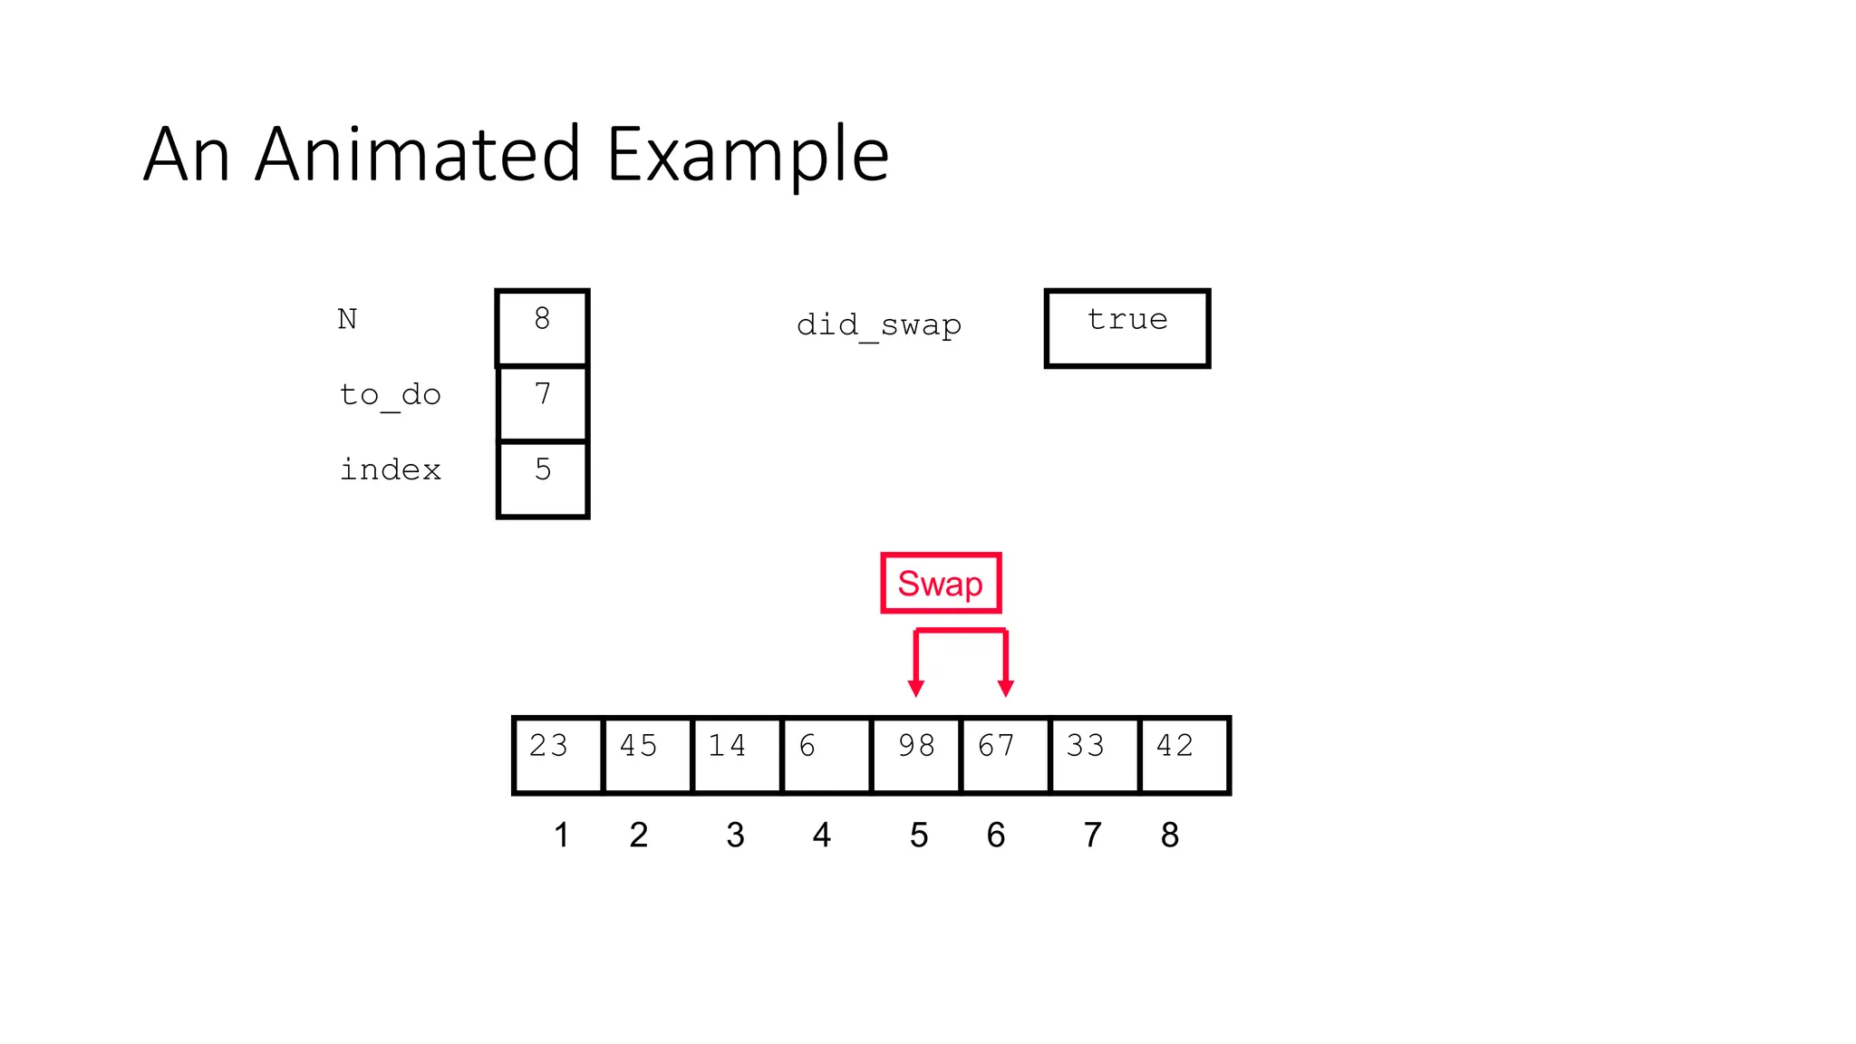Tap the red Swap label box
coord(941,583)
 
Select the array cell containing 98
coord(915,755)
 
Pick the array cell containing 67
coord(1005,755)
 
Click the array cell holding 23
coord(557,755)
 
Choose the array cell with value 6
coord(826,755)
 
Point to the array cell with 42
coord(1184,755)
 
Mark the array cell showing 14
coord(736,755)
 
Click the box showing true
coord(1127,328)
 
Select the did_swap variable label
coord(878,324)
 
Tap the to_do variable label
coord(390,395)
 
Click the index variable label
coord(390,469)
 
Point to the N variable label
coord(347,319)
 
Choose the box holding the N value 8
coord(542,328)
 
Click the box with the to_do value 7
coord(542,403)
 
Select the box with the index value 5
coord(542,478)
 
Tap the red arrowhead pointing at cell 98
coord(916,688)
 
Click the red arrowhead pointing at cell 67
coord(1005,688)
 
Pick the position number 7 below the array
coord(1093,835)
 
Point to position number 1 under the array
coord(561,835)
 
